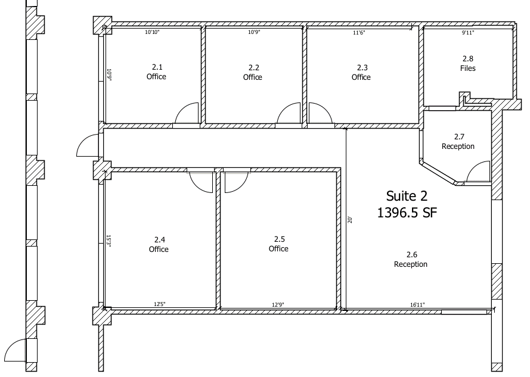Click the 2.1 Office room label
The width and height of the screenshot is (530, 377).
coord(156,71)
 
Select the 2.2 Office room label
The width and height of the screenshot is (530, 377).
coord(253,72)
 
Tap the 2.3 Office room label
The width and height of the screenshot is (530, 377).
coord(361,72)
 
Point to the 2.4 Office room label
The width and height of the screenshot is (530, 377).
coord(159,244)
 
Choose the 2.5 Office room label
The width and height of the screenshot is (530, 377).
coord(278,244)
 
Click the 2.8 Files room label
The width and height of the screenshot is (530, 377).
coord(468,64)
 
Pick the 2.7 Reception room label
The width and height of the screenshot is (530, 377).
coord(458,142)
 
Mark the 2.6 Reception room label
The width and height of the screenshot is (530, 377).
coord(411,260)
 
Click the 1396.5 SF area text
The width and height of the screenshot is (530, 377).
coord(407,213)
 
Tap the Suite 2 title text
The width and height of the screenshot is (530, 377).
coord(407,196)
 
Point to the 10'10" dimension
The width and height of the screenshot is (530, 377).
coord(152,32)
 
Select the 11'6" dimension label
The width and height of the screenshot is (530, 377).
coord(359,32)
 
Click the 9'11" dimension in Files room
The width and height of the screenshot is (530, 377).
coord(468,32)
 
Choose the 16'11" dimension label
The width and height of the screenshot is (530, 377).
coord(417,305)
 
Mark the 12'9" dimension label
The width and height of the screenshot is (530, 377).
coord(278,305)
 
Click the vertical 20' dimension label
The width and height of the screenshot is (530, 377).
coord(350,220)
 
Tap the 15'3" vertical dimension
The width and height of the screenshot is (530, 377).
coord(109,241)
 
